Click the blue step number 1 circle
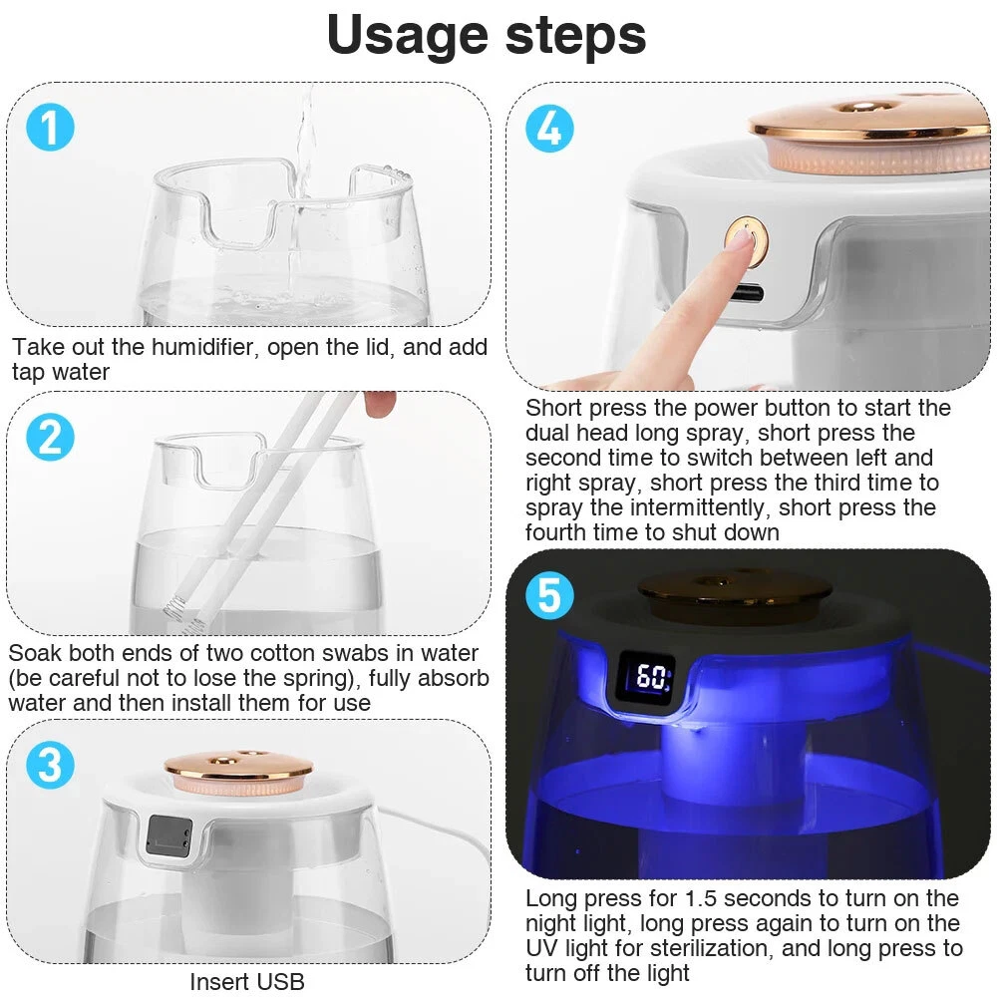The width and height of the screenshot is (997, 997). (x=50, y=128)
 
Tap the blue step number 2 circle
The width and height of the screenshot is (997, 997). (x=50, y=437)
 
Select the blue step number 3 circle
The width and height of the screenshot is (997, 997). (x=50, y=765)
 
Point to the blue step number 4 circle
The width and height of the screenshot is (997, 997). (x=550, y=128)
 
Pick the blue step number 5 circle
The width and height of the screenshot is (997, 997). (x=550, y=596)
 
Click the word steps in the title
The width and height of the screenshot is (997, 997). (x=576, y=36)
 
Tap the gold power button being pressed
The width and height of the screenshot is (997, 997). (x=747, y=241)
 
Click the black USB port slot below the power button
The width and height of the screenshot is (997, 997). (x=747, y=293)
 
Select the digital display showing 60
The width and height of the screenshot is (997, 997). (x=646, y=677)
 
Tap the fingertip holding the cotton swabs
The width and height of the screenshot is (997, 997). (x=380, y=403)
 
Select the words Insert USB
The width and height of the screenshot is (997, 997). (x=247, y=981)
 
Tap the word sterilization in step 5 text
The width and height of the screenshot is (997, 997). (x=708, y=948)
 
